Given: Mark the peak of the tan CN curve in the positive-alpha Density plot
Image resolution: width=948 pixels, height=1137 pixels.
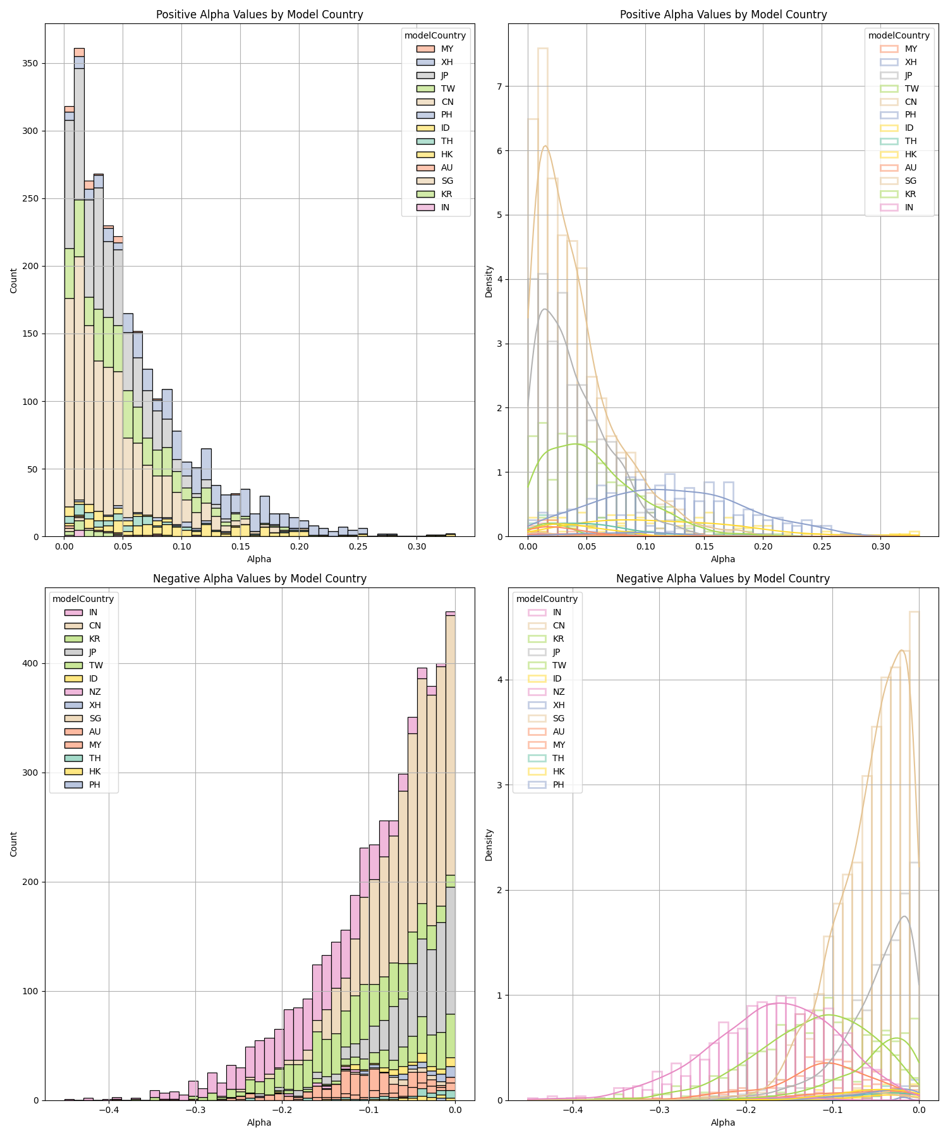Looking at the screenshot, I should point(545,146).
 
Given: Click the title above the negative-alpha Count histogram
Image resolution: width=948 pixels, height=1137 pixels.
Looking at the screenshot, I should point(259,579).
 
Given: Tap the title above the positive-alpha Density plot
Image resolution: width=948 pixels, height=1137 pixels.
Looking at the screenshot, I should point(723,15).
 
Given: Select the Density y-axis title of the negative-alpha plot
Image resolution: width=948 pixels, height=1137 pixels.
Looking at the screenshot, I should point(489,845).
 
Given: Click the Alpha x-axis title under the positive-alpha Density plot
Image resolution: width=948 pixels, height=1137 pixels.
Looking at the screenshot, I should point(723,559).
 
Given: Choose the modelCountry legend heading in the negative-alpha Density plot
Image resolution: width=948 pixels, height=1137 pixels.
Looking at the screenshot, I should point(547,599).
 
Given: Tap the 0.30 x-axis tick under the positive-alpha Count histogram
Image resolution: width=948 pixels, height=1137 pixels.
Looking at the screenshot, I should point(416,546).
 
